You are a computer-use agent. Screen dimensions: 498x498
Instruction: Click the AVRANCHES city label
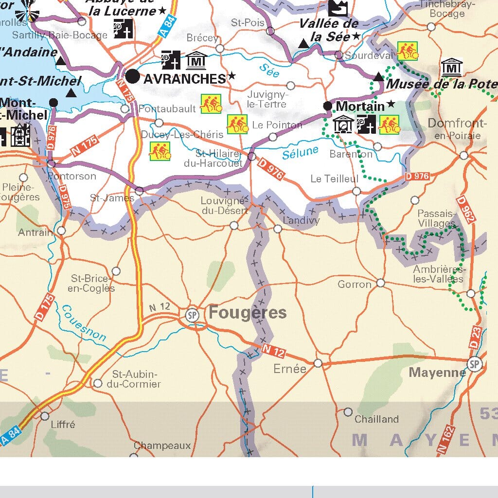pos(184,78)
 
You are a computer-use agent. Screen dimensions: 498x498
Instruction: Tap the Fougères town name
pos(248,313)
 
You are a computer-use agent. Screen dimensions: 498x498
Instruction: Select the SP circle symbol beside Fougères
pos(193,315)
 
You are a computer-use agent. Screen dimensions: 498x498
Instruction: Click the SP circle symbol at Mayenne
pos(475,364)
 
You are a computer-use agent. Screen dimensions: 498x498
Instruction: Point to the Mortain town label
pos(360,106)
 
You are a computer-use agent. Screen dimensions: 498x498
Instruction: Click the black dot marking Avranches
pos(132,76)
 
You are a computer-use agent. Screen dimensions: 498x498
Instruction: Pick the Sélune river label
pos(300,152)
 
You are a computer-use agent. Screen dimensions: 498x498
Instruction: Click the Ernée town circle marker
pos(318,363)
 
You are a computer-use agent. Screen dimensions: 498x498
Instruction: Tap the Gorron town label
pos(355,284)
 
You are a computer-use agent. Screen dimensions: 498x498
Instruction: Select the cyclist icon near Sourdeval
pos(408,51)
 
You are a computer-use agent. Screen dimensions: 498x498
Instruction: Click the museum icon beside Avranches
pos(196,61)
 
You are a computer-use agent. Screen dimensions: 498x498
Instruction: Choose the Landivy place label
pos(302,220)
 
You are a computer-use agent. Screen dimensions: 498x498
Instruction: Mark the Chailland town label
pos(376,419)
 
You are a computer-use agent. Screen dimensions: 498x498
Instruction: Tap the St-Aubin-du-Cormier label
pos(136,379)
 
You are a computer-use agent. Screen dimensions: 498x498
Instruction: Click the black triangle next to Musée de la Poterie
pos(379,76)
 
